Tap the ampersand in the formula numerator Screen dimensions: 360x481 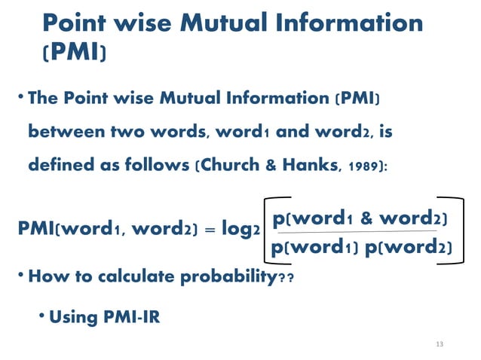click(x=367, y=218)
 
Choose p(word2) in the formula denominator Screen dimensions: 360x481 click(x=407, y=246)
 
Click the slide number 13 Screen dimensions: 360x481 click(x=440, y=344)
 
